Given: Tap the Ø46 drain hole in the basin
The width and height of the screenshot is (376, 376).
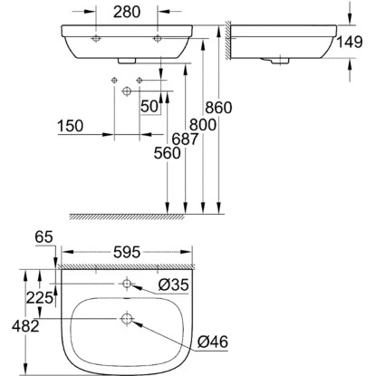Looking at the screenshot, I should coord(127,319).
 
